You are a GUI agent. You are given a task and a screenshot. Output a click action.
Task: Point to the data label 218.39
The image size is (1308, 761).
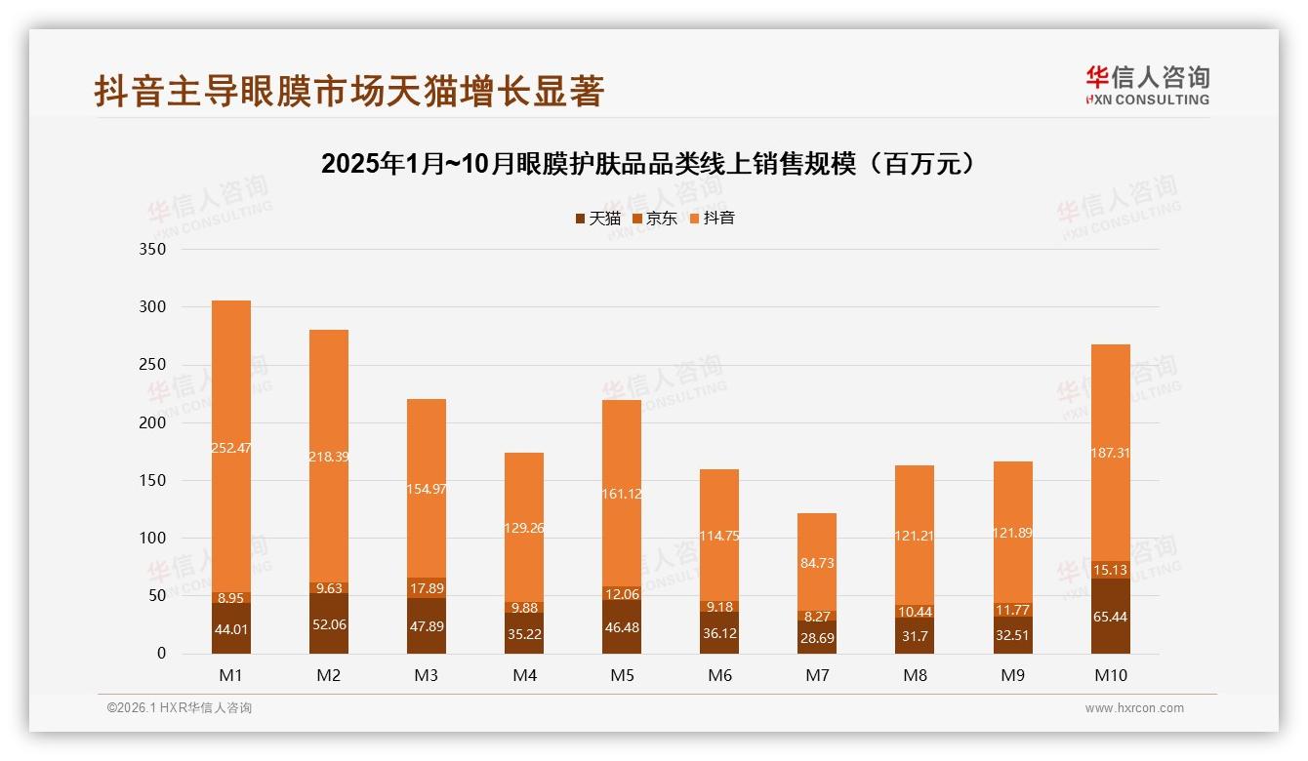pos(329,429)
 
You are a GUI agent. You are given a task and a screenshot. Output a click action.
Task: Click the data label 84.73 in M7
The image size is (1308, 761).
pos(817,563)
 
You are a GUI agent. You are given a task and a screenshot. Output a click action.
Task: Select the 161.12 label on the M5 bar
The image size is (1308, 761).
pos(622,466)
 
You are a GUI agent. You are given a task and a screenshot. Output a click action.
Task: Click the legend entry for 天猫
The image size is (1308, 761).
pos(597,219)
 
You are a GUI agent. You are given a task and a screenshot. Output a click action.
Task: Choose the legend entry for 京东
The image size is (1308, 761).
pos(655,219)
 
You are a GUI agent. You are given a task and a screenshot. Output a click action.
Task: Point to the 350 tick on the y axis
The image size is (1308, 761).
pos(153,250)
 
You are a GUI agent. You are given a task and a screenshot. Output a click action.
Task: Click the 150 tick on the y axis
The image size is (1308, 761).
pos(153,481)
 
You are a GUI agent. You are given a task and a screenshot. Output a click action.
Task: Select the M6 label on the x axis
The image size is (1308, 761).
pos(719,675)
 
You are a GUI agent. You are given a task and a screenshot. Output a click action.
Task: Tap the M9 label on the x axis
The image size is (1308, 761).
pos(1012,675)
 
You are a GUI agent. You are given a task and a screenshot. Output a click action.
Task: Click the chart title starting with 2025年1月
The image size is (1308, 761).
pos(648,164)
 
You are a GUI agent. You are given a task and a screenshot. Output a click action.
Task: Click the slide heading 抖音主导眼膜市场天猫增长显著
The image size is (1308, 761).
pos(349,91)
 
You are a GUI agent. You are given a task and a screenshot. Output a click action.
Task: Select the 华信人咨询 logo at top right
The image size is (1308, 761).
pos(1147,85)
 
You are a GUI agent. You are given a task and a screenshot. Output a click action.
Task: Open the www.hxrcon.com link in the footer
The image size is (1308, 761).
pos(1134,708)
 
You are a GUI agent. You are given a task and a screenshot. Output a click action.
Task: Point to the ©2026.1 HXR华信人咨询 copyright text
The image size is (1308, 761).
pos(180,708)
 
